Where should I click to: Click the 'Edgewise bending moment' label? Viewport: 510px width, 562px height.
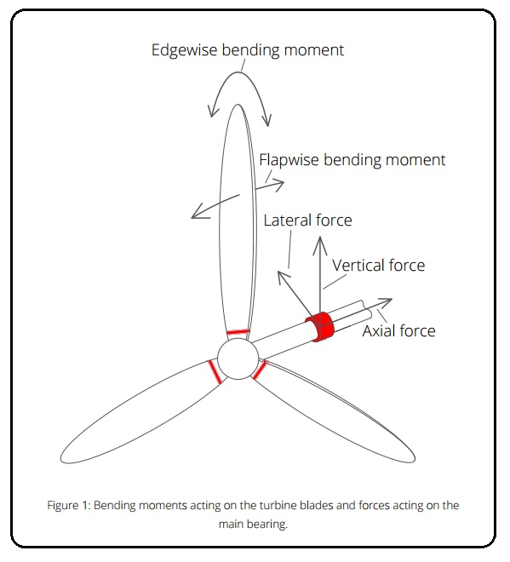click(248, 50)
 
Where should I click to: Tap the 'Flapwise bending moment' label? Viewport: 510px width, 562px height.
click(352, 160)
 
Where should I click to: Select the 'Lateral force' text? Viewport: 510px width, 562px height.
click(308, 220)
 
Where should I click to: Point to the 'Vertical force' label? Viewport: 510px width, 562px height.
click(379, 265)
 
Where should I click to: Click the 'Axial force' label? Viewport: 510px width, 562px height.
click(399, 330)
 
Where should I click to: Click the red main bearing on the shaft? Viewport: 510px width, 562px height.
click(320, 326)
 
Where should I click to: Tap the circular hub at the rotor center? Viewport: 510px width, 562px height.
click(238, 358)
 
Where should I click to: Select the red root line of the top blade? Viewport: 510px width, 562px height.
click(238, 332)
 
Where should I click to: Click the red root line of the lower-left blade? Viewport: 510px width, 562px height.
click(215, 372)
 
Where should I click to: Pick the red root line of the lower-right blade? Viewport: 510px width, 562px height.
click(260, 370)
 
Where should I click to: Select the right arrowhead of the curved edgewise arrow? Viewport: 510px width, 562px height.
click(267, 121)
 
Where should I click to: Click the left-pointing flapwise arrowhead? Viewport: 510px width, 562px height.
click(197, 214)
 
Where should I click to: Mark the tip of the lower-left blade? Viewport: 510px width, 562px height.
click(61, 459)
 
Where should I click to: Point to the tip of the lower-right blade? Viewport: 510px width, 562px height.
click(415, 459)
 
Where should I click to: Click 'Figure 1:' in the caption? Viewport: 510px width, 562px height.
click(69, 505)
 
